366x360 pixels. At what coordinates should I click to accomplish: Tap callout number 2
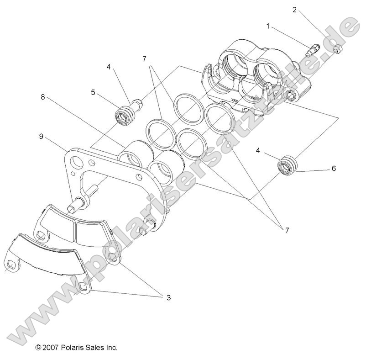[x=294, y=9]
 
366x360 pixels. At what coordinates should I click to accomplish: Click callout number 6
[x=334, y=169]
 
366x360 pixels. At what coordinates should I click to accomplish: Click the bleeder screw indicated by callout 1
[x=314, y=48]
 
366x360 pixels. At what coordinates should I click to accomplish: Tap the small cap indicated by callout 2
[x=338, y=49]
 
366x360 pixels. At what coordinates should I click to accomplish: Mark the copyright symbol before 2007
[x=39, y=348]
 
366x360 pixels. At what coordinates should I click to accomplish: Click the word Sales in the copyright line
[x=95, y=348]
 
